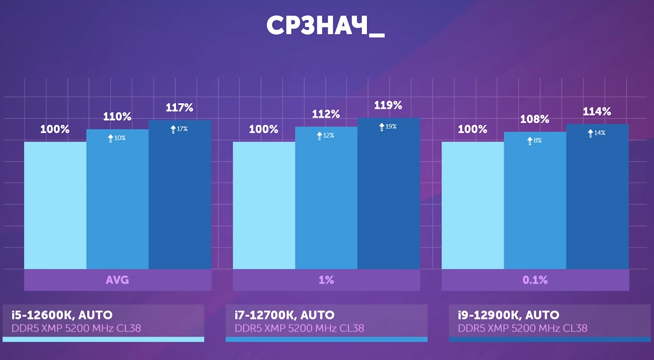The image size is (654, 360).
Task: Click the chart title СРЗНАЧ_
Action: coord(325,26)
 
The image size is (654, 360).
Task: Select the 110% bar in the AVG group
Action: coord(117,200)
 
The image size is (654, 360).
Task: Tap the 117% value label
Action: coord(180,108)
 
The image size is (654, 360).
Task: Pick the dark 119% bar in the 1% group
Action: coord(388,194)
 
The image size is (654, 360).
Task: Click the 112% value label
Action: coord(326,114)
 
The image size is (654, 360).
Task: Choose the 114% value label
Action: coord(597,112)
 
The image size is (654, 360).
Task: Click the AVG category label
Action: coord(117,280)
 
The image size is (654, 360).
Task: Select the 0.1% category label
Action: coord(534,280)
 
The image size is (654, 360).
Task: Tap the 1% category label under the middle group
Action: coord(326,280)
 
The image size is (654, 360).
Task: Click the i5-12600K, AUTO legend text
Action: coord(62,315)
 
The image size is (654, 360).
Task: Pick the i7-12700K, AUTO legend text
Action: coord(285,315)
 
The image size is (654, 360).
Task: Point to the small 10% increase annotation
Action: coord(116,138)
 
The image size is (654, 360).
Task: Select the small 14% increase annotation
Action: coord(596,133)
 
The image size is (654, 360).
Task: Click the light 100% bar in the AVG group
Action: coord(55,206)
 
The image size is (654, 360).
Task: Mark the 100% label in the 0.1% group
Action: coord(473,129)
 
